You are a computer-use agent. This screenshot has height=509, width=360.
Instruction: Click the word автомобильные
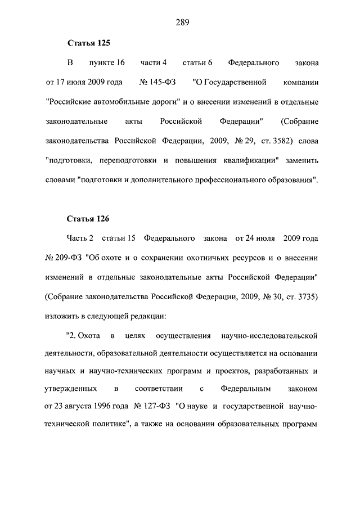coord(130,102)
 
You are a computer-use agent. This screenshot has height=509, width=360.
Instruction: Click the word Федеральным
coord(246,388)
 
